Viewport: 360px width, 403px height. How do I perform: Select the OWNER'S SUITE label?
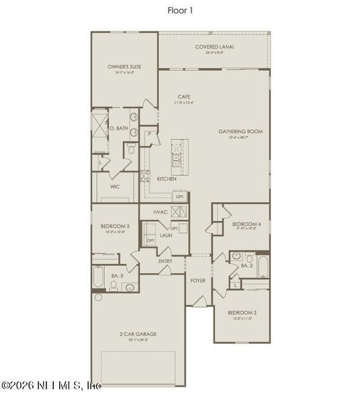[124, 67]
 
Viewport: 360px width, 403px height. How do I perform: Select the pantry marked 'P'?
[150, 135]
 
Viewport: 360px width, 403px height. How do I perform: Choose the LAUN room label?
[167, 236]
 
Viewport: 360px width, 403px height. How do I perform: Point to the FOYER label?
[197, 280]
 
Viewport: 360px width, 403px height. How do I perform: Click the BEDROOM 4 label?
[246, 224]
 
